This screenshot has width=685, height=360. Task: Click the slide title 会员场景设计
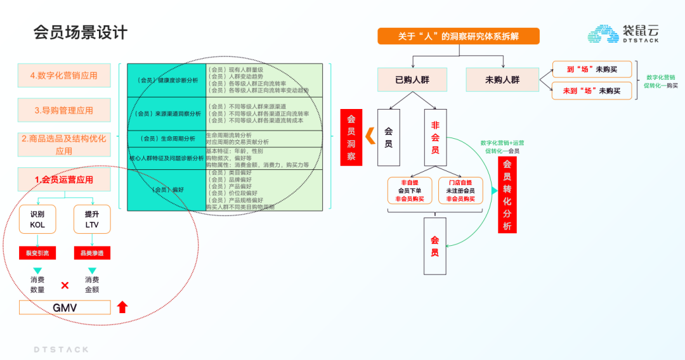(81, 32)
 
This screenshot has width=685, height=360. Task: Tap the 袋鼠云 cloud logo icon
(602, 34)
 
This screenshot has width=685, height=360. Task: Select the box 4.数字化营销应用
(63, 75)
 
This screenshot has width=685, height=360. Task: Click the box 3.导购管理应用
(63, 110)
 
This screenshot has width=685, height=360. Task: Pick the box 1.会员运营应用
(63, 179)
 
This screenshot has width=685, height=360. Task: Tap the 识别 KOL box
(37, 219)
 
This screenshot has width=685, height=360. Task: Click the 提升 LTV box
(92, 219)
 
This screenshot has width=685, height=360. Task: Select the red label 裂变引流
(37, 254)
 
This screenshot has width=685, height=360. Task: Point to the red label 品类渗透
(92, 254)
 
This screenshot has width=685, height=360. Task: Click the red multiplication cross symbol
(65, 285)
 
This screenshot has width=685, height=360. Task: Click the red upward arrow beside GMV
(122, 307)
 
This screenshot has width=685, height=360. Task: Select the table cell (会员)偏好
(166, 190)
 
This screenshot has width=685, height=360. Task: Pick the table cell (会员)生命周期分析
(166, 138)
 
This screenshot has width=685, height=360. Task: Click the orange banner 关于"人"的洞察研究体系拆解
(458, 36)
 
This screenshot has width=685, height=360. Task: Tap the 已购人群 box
(412, 80)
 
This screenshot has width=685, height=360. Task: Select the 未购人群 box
(502, 80)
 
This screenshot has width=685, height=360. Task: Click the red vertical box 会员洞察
(351, 138)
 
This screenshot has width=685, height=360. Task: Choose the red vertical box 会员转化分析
(507, 195)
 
